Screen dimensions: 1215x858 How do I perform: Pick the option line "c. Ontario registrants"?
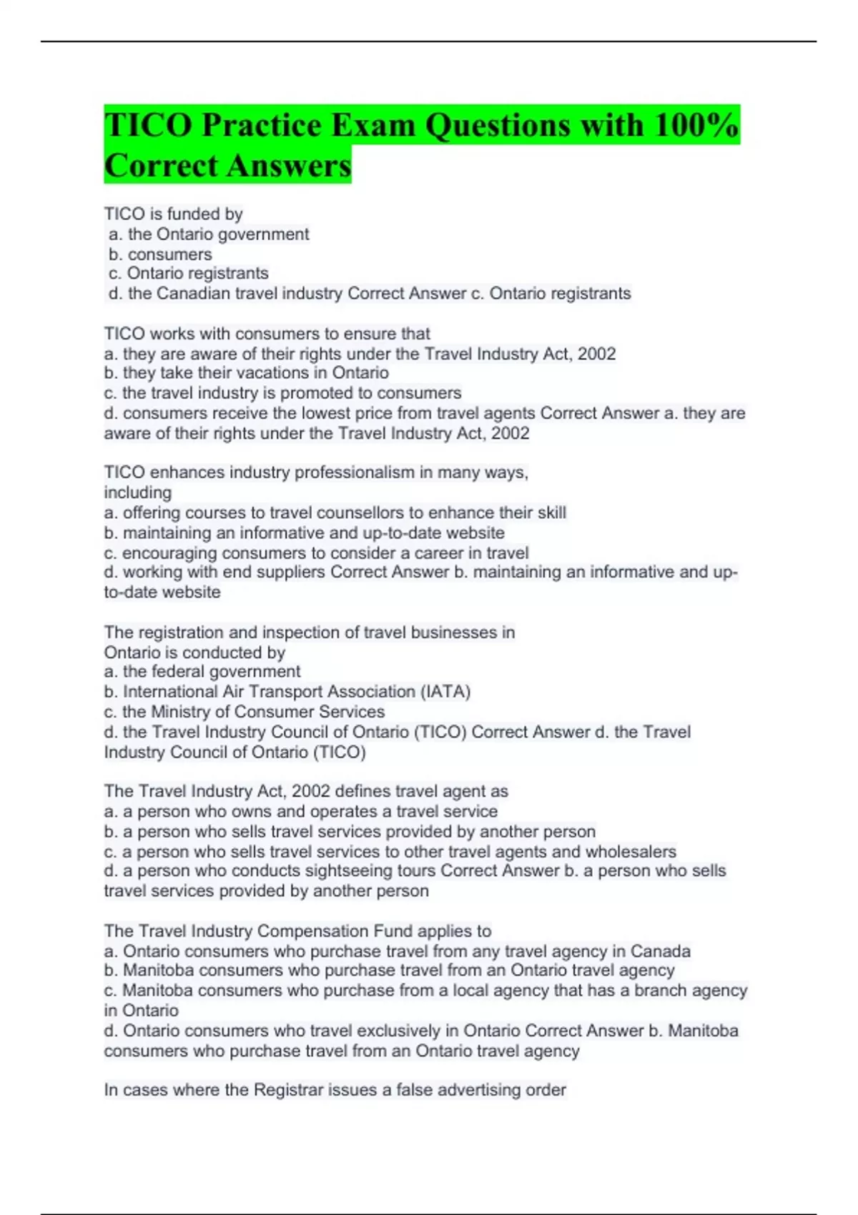189,273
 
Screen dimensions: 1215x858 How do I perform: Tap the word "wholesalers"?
631,852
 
